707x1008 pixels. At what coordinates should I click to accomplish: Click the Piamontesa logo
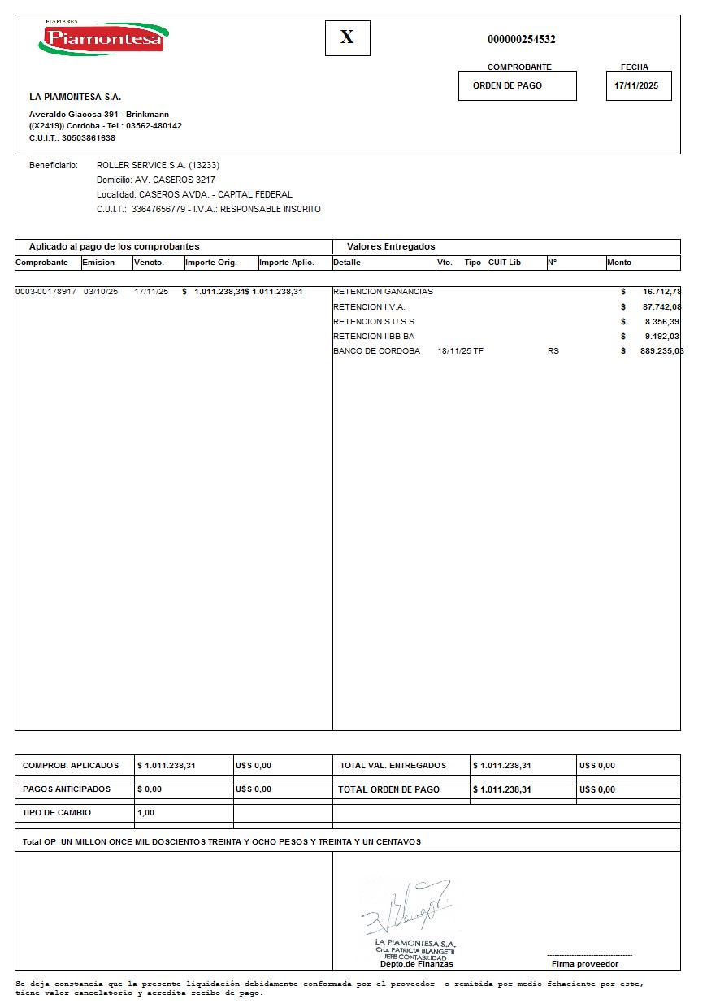(x=103, y=38)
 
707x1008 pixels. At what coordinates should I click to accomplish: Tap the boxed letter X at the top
(x=347, y=37)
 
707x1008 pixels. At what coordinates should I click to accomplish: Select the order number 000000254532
(x=521, y=39)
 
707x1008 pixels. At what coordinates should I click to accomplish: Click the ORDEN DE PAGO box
(x=517, y=85)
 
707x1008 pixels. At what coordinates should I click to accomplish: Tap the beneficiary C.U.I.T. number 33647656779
(x=158, y=209)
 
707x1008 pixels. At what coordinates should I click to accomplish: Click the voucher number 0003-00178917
(x=46, y=291)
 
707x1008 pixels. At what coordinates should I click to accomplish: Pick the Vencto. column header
(x=150, y=263)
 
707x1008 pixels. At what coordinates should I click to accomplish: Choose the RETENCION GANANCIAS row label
(x=383, y=291)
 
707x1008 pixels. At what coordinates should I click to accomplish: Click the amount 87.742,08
(x=661, y=306)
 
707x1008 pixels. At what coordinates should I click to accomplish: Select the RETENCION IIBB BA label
(x=374, y=336)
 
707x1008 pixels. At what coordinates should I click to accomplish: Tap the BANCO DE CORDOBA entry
(x=376, y=350)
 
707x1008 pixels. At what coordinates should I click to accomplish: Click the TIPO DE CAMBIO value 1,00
(x=146, y=812)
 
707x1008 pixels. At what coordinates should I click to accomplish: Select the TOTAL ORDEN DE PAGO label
(x=389, y=789)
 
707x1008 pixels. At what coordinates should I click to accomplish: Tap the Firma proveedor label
(x=585, y=964)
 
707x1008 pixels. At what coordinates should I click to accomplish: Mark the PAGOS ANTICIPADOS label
(x=67, y=789)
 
